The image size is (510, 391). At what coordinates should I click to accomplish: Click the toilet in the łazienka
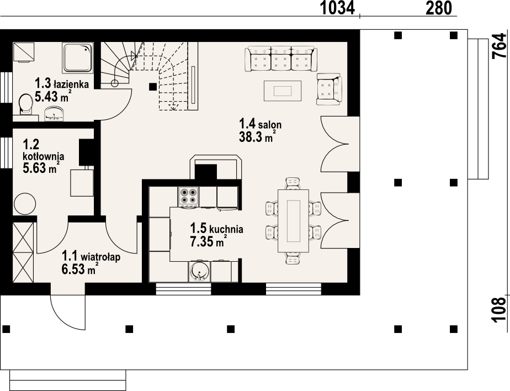[x=26, y=104]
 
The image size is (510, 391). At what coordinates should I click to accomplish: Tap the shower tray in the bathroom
[x=78, y=57]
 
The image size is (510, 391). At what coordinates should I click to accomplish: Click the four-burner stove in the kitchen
[x=188, y=196]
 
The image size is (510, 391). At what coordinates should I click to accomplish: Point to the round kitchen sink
[x=199, y=272]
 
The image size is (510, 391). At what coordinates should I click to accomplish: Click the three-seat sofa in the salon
[x=281, y=59]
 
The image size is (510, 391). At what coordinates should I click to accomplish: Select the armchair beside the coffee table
[x=329, y=89]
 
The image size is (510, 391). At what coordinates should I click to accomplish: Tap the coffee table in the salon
[x=283, y=91]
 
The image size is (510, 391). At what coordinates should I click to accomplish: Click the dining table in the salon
[x=293, y=221]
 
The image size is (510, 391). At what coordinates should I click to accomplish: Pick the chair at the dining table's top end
[x=293, y=183]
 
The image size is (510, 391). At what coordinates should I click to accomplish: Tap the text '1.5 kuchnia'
[x=216, y=229]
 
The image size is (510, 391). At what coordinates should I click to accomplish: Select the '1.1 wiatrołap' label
[x=91, y=256]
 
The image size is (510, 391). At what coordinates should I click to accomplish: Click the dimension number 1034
[x=337, y=8]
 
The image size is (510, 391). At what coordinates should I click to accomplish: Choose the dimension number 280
[x=439, y=8]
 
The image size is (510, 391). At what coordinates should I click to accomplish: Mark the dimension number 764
[x=500, y=46]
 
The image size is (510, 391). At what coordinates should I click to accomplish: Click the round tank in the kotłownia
[x=25, y=203]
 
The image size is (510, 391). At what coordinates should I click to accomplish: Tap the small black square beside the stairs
[x=153, y=87]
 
